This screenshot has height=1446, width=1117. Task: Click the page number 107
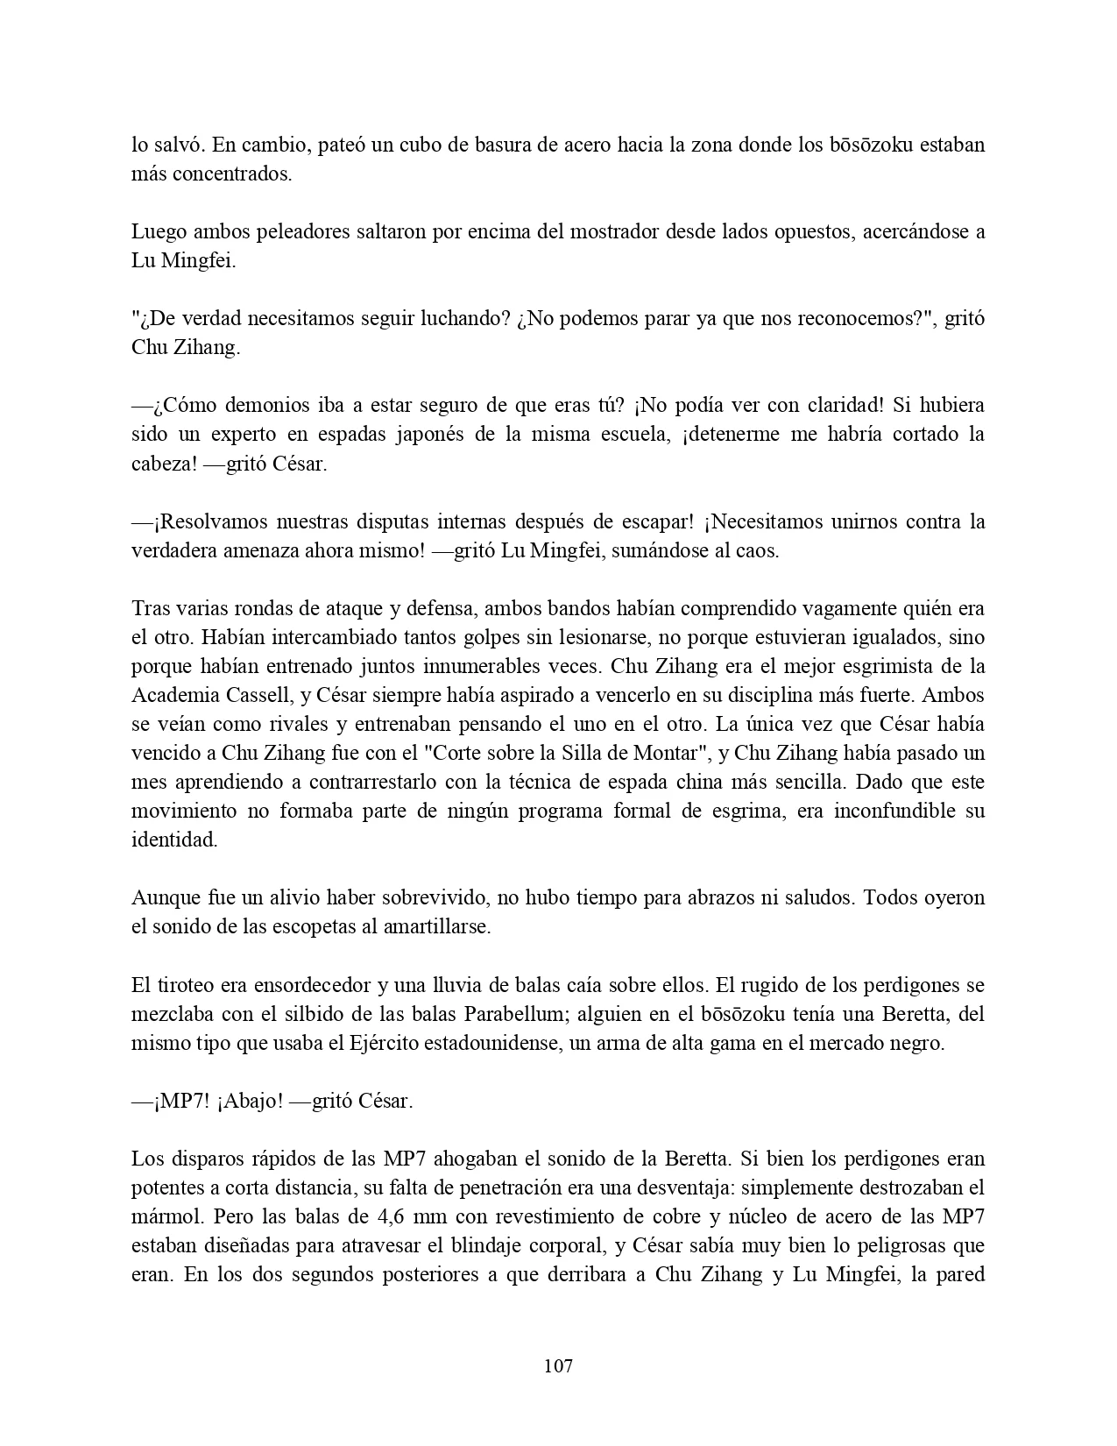click(x=558, y=1365)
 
